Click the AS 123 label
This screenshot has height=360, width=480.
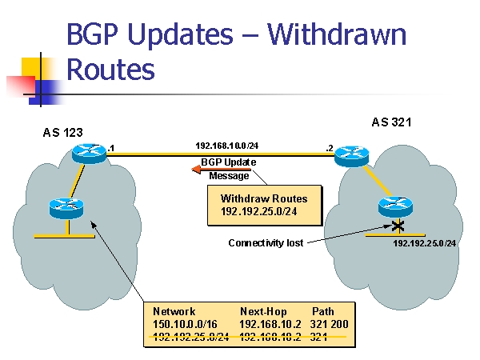[63, 132]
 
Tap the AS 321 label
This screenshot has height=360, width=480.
[391, 122]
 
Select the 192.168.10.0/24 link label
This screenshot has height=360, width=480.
[227, 146]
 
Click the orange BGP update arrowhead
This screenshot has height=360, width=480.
[195, 168]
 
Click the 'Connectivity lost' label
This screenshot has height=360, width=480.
[266, 242]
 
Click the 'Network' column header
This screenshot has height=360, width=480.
[174, 311]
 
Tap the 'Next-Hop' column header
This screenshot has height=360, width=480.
[262, 311]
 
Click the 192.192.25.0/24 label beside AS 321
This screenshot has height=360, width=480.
[424, 242]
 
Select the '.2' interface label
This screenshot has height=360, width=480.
[329, 148]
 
